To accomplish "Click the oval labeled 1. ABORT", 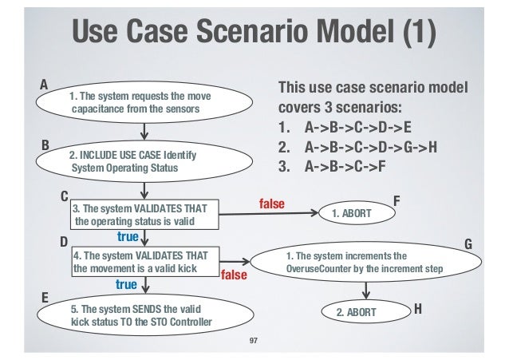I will [x=351, y=214].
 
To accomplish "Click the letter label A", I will [x=44, y=83].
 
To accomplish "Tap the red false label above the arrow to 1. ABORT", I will [x=271, y=204].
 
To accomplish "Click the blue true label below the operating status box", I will [x=128, y=237].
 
